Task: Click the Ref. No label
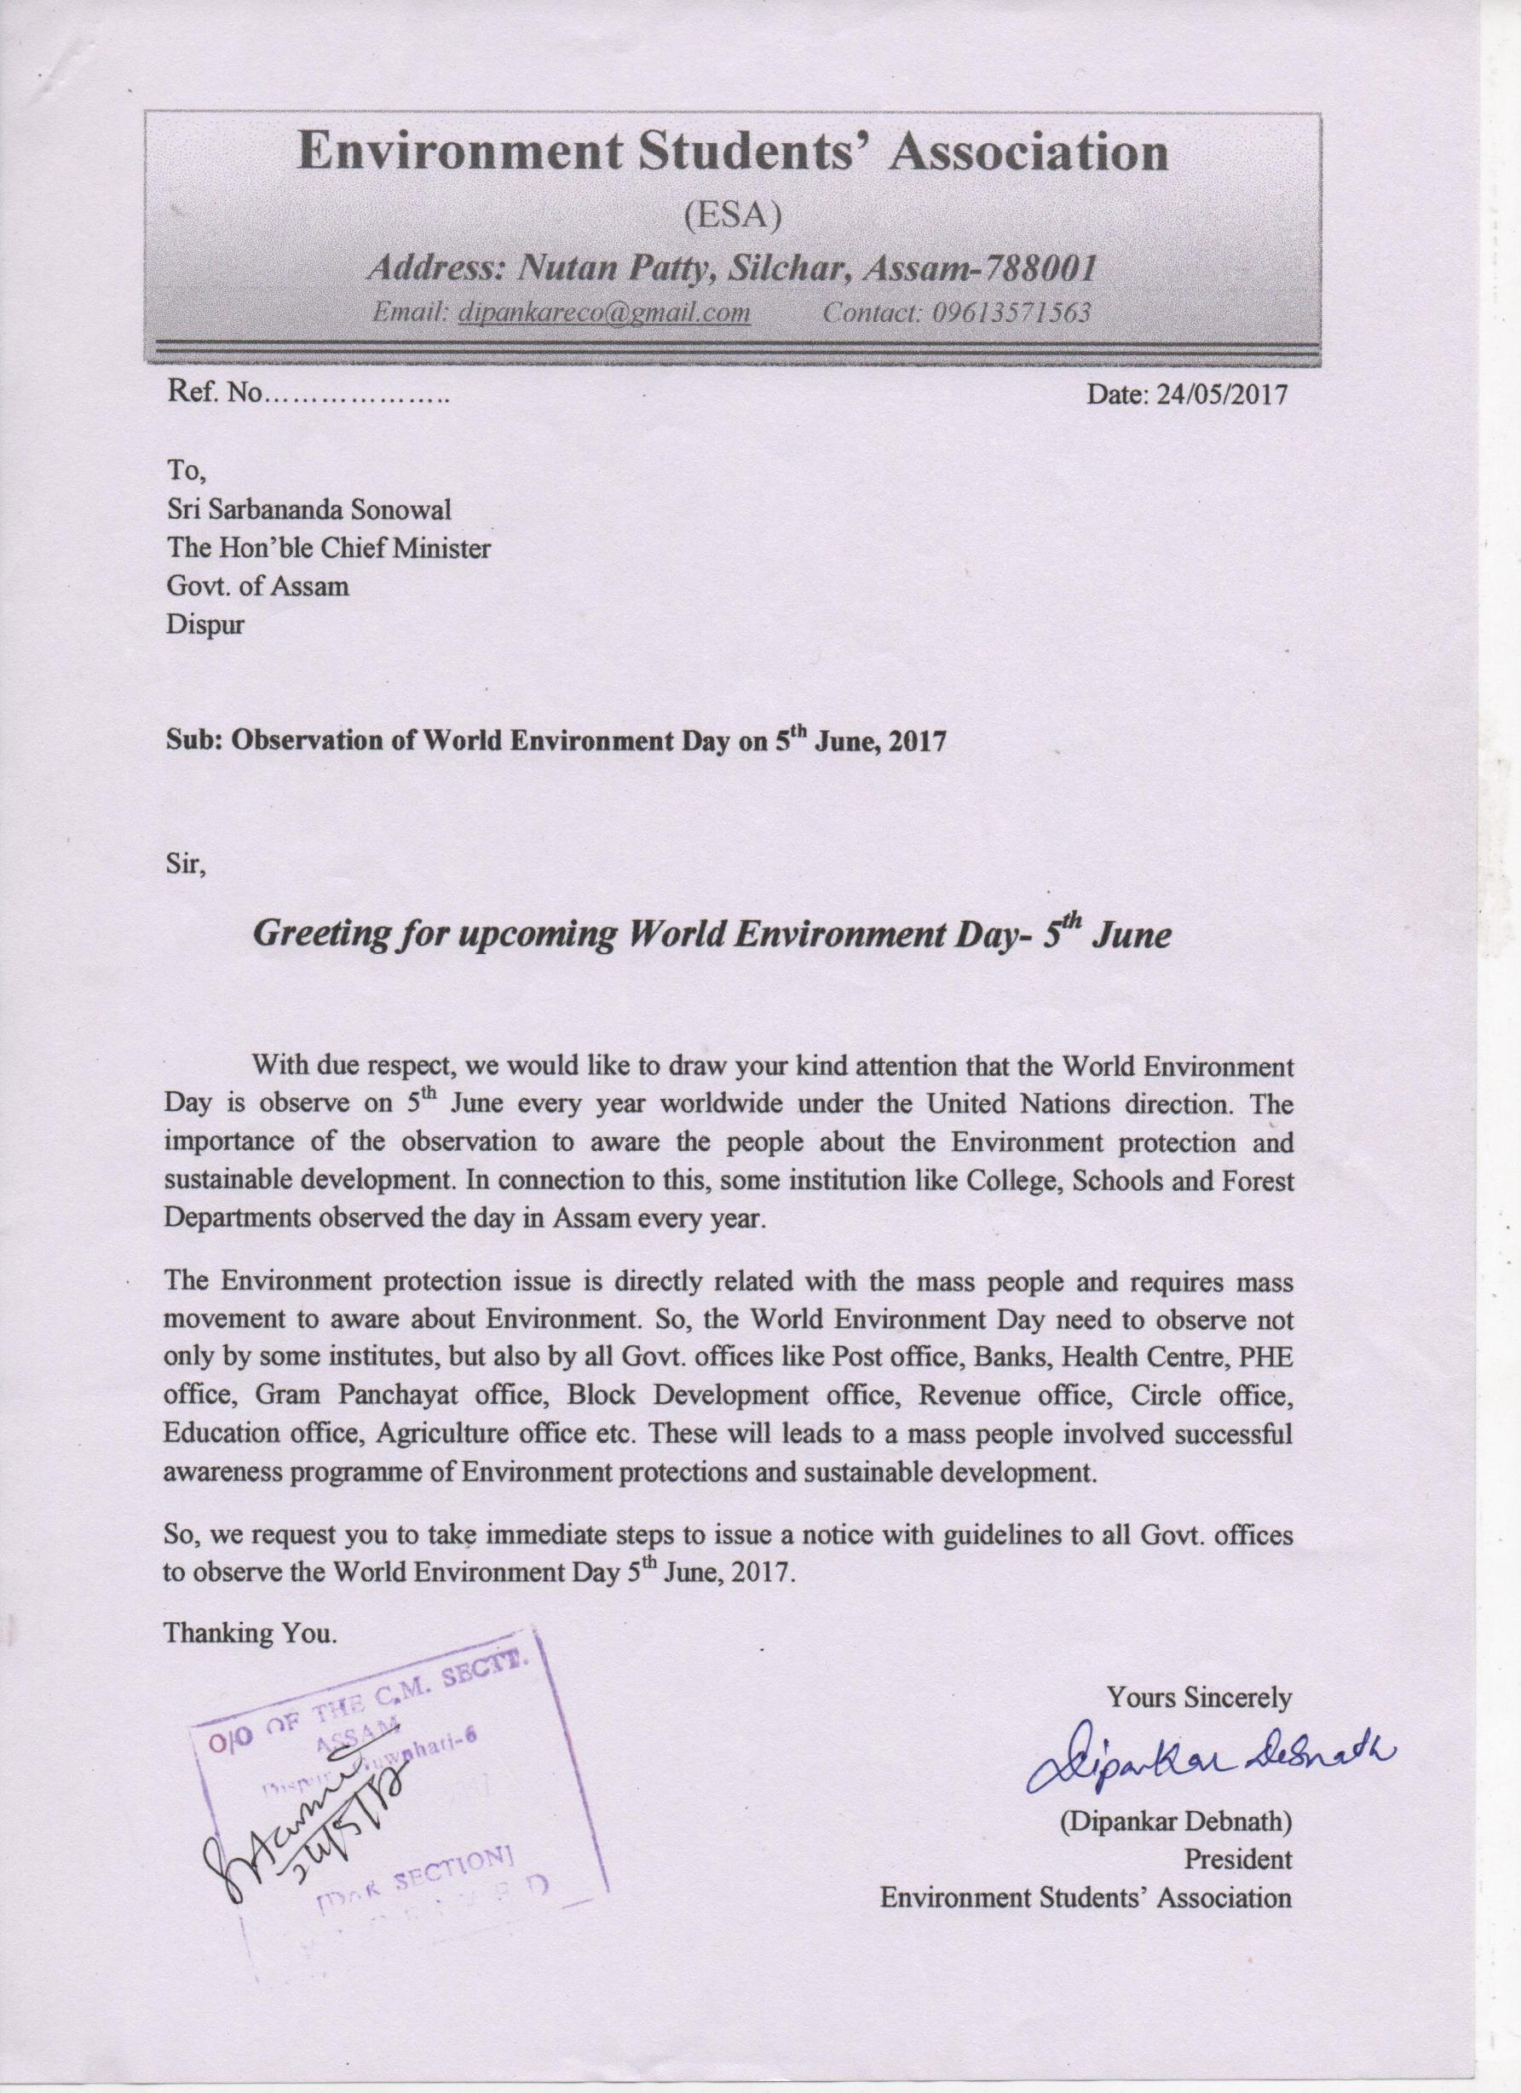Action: [214, 394]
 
